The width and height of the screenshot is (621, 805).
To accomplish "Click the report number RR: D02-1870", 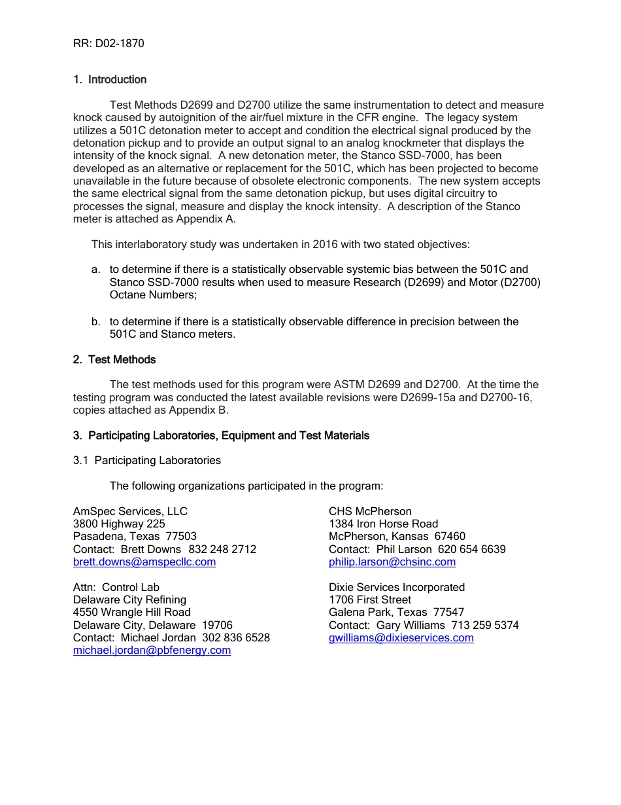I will pos(109,44).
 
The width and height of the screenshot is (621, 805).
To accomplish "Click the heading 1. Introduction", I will pos(110,80).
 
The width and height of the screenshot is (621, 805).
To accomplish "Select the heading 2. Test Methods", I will pos(114,359).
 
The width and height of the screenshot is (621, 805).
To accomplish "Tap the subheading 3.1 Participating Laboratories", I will pos(147,461).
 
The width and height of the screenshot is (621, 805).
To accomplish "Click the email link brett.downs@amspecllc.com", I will pos(144,562).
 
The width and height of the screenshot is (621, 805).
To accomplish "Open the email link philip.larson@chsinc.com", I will pos(392,562).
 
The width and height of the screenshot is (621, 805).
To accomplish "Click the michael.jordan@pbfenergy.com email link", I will pos(152,651).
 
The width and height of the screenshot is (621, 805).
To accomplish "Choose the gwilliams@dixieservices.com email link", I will pos(401,638).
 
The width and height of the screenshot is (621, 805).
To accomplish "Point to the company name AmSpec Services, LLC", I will pos(130,511).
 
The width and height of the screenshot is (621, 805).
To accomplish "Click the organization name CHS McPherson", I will pos(370,511).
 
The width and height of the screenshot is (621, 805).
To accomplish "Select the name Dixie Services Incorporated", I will pos(397,587).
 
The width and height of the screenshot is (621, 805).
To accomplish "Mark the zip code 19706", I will pos(217,625).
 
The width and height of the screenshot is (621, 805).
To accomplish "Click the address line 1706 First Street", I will pos(370,599).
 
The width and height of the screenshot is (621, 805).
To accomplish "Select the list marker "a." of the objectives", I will pos(96,270).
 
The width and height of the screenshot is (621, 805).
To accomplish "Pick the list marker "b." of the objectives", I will pos(96,321).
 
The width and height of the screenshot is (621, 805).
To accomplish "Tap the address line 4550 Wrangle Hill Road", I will pos(132,613).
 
